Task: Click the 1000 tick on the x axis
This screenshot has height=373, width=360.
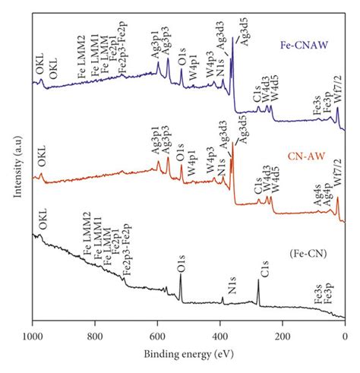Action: point(32,335)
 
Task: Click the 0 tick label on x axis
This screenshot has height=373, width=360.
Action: point(345,335)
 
